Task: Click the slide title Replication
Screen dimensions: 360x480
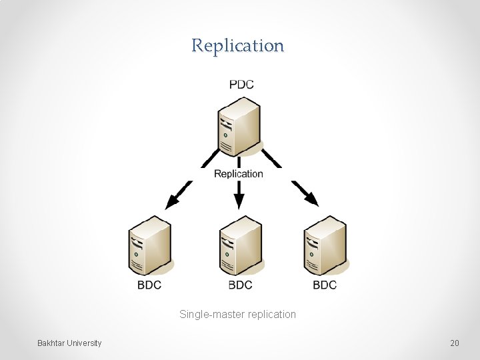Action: pyautogui.click(x=238, y=46)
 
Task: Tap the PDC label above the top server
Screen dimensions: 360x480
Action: pyautogui.click(x=241, y=85)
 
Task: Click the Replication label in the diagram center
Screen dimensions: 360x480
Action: pyautogui.click(x=238, y=174)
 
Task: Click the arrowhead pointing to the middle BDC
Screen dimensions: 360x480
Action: pyautogui.click(x=239, y=202)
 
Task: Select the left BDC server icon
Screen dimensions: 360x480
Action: pyautogui.click(x=150, y=245)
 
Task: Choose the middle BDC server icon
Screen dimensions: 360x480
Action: pyautogui.click(x=240, y=245)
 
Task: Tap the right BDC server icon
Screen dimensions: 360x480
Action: pyautogui.click(x=325, y=245)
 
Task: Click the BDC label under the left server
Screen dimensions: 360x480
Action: pyautogui.click(x=149, y=285)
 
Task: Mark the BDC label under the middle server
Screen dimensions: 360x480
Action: pyautogui.click(x=240, y=285)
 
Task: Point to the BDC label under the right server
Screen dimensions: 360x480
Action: pyautogui.click(x=325, y=285)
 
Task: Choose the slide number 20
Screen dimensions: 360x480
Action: pyautogui.click(x=454, y=343)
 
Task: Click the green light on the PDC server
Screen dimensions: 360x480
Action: pyautogui.click(x=226, y=135)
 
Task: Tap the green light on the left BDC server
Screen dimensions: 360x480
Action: pyautogui.click(x=137, y=254)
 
